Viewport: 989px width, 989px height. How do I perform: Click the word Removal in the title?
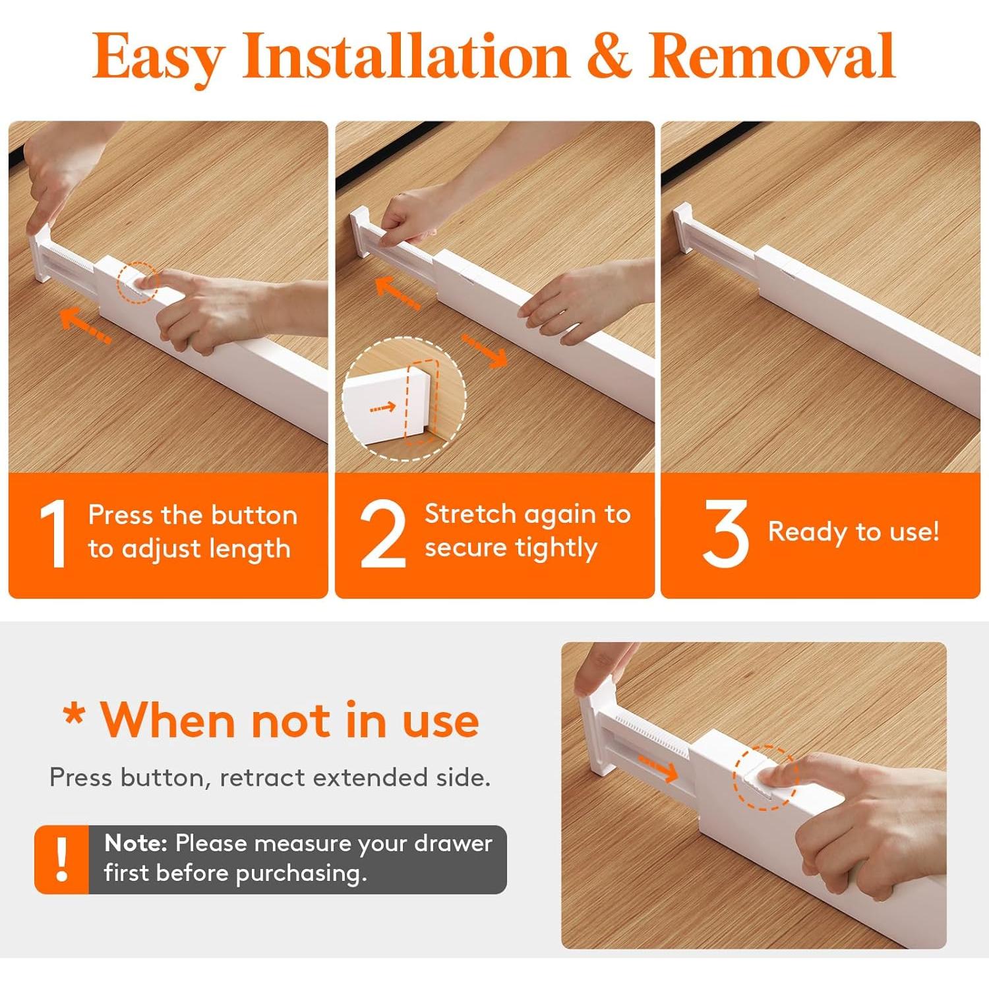771,55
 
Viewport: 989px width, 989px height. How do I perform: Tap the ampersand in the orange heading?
609,57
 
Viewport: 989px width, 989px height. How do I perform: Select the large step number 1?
53,533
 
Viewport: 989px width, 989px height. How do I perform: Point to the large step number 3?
725,533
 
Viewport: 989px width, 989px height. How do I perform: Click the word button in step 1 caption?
254,515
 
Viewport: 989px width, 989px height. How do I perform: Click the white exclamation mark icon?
62,859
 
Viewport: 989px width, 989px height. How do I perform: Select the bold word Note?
136,843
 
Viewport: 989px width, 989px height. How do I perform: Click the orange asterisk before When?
74,715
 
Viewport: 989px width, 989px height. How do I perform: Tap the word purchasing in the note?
301,874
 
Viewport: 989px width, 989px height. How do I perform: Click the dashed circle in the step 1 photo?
138,284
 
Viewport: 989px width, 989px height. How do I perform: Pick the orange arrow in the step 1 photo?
85,326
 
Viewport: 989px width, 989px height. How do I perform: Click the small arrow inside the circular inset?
382,407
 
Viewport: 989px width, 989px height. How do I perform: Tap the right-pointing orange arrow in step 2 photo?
485,350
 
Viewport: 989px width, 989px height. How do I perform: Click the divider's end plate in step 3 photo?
683,228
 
